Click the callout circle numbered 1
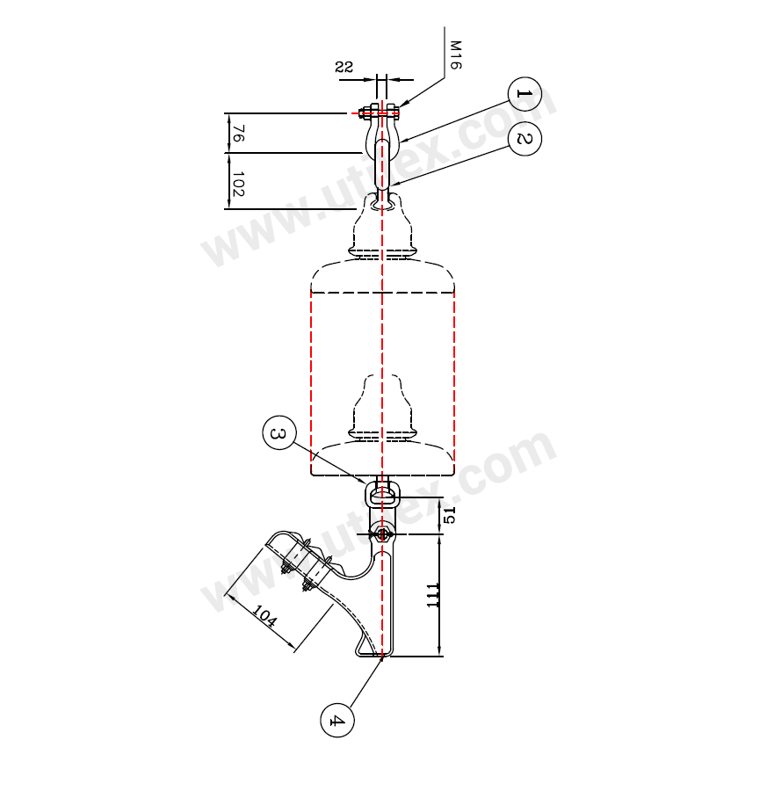524,93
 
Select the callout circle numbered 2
524,139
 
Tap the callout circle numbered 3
278,435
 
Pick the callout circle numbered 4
337,721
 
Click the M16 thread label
456,54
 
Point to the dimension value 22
344,67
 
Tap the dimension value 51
450,515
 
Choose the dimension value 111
433,594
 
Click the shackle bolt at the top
380,112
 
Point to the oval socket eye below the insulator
383,497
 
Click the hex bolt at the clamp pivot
382,533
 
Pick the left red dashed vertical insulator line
312,382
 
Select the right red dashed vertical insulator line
454,382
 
